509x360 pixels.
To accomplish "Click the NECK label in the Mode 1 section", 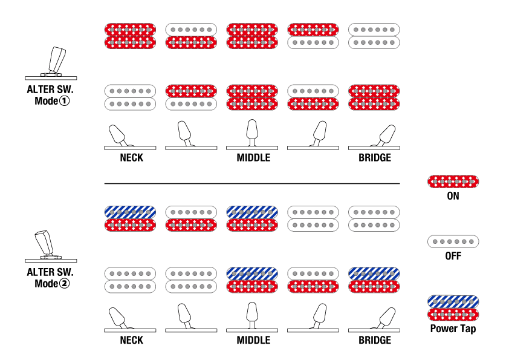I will (x=131, y=158).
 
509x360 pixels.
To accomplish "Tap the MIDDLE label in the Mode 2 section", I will (x=253, y=340).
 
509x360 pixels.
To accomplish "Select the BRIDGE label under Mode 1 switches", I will (x=375, y=158).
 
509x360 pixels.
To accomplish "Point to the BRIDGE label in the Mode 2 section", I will (x=375, y=340).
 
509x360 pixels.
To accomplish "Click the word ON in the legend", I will (x=453, y=197).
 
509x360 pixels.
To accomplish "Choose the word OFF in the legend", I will (x=453, y=256).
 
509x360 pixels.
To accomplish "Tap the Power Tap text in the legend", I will (x=453, y=329).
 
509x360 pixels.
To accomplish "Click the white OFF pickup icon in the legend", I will (x=453, y=242).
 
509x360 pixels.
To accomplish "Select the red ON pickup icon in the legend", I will (x=453, y=181).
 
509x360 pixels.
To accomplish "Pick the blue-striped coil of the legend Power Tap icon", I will (x=453, y=301).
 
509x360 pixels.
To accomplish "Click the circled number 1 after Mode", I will (x=65, y=101).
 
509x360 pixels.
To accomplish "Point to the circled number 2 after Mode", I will (x=65, y=283).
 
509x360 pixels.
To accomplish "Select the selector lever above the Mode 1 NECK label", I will (x=117, y=135).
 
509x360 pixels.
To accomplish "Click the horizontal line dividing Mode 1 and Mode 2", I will (x=251, y=183).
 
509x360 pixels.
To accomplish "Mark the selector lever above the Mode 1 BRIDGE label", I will (x=386, y=134).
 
